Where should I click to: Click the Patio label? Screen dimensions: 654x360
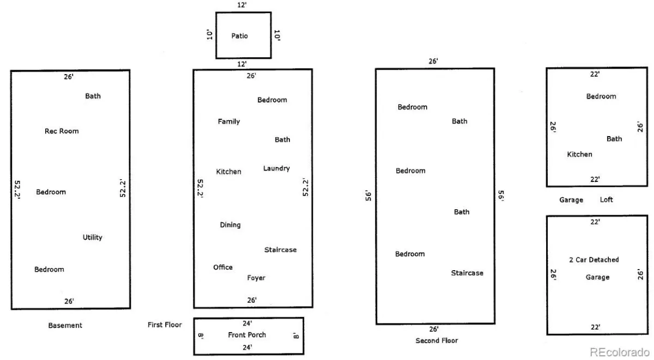point(239,36)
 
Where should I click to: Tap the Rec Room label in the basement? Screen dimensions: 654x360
point(62,131)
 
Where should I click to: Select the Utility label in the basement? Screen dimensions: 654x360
point(92,237)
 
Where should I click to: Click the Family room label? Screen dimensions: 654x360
point(228,121)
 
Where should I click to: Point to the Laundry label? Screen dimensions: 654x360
point(276,168)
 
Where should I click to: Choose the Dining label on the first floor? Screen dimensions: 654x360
point(230,225)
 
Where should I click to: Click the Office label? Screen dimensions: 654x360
point(223,267)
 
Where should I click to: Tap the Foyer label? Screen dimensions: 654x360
point(256,278)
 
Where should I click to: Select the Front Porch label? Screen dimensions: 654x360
point(247,334)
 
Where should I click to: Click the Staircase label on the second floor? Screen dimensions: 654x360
point(467,273)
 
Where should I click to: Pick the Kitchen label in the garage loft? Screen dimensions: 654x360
point(579,154)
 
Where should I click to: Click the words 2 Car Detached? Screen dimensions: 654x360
point(594,260)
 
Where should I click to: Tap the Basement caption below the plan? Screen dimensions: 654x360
point(65,325)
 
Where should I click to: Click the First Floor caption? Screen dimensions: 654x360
point(165,325)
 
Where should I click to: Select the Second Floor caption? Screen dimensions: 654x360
point(437,340)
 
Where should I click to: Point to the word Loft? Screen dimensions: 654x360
point(606,199)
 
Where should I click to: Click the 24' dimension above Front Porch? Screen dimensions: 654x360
point(247,323)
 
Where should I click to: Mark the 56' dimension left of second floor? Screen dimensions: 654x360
point(368,196)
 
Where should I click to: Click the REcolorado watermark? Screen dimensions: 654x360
point(620,352)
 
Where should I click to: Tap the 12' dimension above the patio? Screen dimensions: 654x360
point(242,5)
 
